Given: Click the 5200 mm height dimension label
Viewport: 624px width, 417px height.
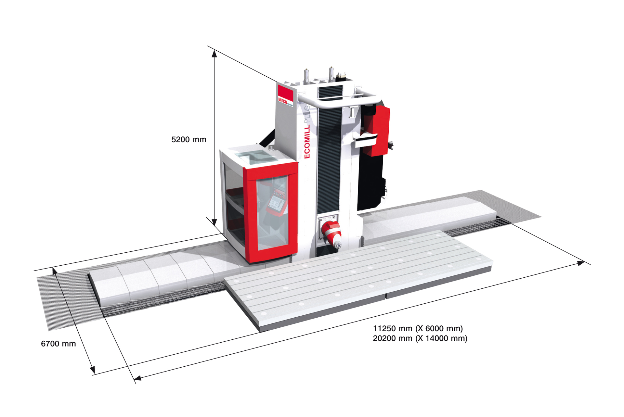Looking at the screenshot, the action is [x=189, y=140].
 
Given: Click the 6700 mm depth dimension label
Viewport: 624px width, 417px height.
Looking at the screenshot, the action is [x=58, y=344].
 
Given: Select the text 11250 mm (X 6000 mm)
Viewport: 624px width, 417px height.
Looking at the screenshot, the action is [x=418, y=328].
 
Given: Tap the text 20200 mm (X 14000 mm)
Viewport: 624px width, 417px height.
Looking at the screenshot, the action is [x=420, y=338].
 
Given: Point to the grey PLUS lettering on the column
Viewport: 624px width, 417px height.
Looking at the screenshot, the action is [x=306, y=114].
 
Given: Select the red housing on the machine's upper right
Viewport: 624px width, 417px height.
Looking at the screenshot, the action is [x=377, y=130].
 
